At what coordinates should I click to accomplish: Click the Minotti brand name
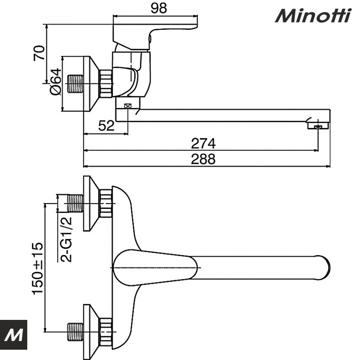[313, 15]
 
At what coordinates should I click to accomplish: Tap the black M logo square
[13, 334]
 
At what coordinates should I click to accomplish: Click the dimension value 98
[159, 8]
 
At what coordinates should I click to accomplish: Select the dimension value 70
[39, 53]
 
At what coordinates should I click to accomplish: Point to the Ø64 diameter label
[56, 82]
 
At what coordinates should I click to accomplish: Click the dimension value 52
[106, 125]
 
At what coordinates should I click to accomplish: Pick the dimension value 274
[204, 143]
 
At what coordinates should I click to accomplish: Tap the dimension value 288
[204, 159]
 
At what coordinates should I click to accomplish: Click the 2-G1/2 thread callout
[66, 239]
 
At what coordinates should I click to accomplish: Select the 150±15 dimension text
[38, 268]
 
